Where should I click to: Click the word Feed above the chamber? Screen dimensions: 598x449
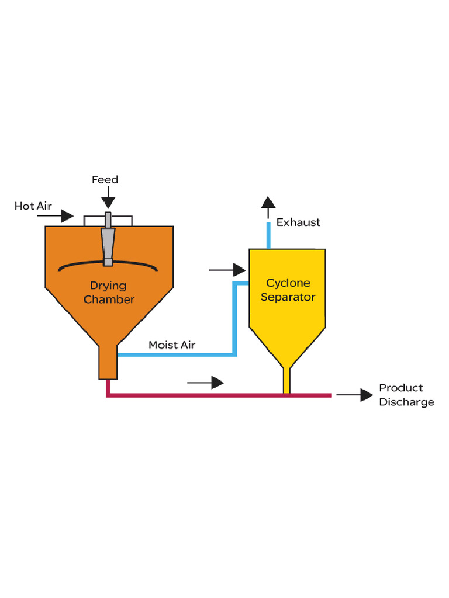(105, 180)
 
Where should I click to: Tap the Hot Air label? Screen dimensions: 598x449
(33, 206)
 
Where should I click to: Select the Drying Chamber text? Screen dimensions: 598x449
(109, 293)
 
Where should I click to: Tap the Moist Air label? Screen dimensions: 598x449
(171, 345)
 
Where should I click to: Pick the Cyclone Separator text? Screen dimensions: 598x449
(288, 290)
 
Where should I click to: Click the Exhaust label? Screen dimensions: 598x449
(298, 222)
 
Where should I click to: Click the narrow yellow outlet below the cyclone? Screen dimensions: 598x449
(286, 381)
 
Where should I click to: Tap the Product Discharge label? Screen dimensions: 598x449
(406, 395)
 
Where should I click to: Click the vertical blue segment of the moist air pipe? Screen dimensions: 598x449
(234, 318)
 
